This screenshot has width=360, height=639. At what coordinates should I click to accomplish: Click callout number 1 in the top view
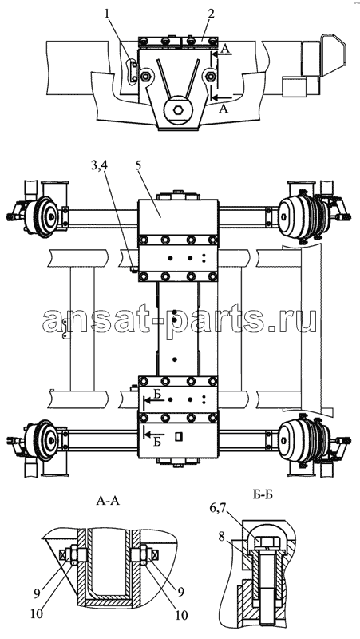[107, 15]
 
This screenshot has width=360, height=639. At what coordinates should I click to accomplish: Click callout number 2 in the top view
[210, 14]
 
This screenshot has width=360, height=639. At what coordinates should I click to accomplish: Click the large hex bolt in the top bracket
[178, 109]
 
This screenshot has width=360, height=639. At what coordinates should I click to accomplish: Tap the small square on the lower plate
[177, 436]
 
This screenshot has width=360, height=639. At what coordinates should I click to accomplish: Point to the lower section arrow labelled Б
[154, 431]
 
